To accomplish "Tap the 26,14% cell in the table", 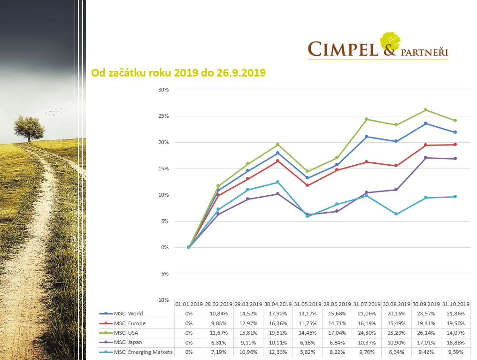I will pos(426,333).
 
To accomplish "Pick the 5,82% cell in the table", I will pos(308,352).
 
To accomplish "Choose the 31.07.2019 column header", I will pos(367,304).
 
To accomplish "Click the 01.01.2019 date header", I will pos(189,304).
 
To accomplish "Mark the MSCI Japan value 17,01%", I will pos(426,343).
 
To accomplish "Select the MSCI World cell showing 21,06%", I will pos(367,314).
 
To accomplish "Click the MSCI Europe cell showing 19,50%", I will pos(455,323).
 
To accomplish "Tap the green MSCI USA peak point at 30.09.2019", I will pos(426,110).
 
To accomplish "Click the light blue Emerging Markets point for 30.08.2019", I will pos(396,214).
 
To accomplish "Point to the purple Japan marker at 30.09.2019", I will pos(426,158).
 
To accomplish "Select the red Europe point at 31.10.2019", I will pos(455,145).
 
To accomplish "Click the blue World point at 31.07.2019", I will pos(367,137).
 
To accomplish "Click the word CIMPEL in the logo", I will pos(343,48).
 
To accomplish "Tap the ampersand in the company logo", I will pos(389,47).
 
